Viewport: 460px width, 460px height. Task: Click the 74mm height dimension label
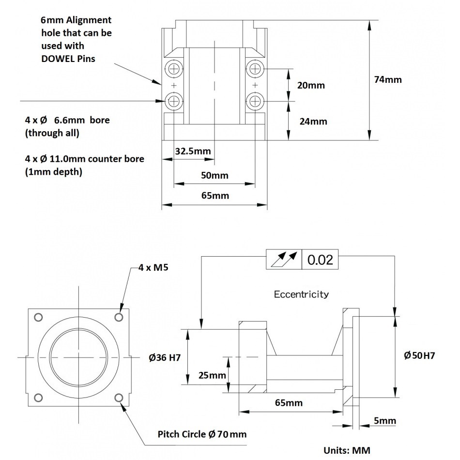[x=388, y=79]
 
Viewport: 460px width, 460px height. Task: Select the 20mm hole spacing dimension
[x=311, y=85]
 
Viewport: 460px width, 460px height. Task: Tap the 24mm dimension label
[x=313, y=122]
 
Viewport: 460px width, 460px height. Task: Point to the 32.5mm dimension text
[x=193, y=151]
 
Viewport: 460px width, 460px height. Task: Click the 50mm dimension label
[x=215, y=175]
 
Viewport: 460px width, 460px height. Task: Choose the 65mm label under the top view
[x=215, y=196]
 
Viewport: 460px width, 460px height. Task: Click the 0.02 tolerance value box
[x=320, y=260]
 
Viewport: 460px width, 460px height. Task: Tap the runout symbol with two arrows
[x=284, y=260]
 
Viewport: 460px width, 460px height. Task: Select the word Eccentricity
[x=301, y=294]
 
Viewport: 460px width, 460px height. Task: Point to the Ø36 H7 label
[x=165, y=358]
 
